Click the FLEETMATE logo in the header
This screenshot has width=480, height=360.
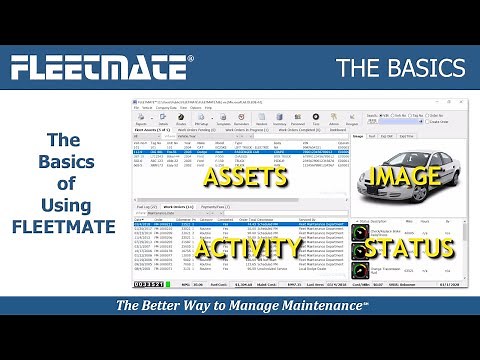tap(100, 69)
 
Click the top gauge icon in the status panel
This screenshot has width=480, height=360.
tap(362, 231)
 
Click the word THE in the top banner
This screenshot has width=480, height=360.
tap(361, 68)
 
